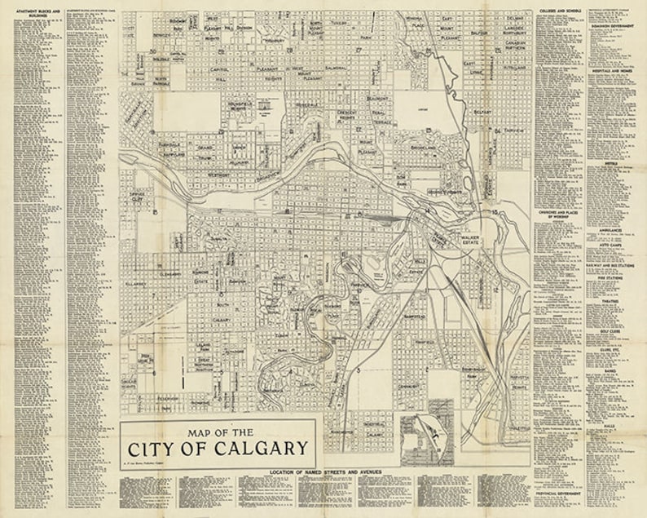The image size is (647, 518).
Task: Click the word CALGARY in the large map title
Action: [x=262, y=448]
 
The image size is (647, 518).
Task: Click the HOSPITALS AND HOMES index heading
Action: [x=614, y=71]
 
